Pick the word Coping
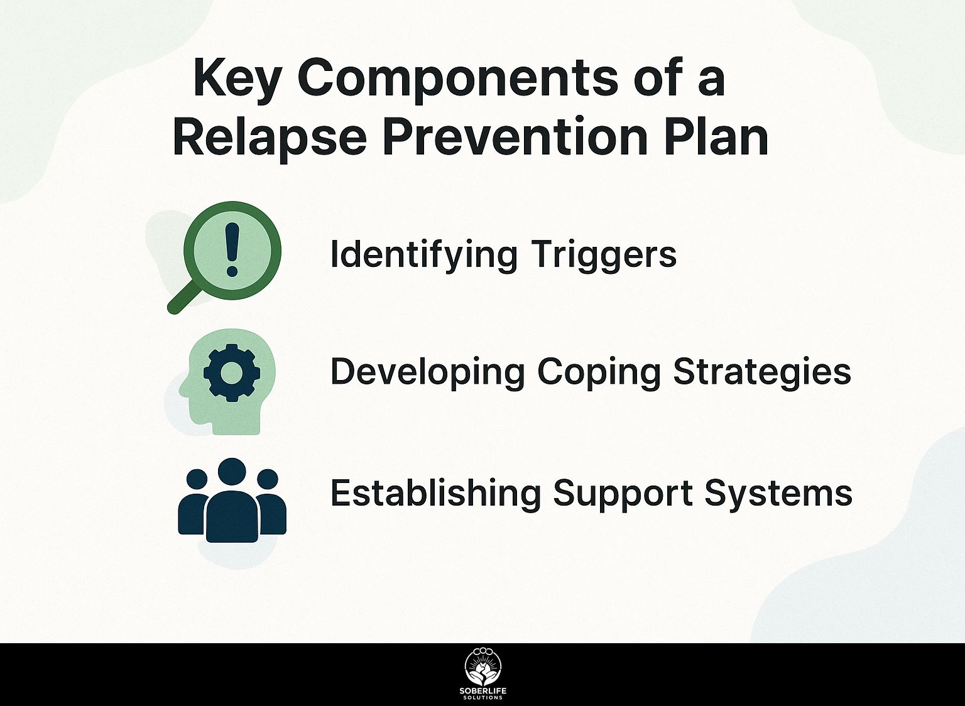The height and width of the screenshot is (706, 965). tap(599, 373)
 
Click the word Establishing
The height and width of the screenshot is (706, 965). tap(435, 494)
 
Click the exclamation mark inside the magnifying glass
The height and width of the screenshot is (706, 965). tap(232, 249)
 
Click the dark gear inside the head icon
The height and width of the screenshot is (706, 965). tap(232, 373)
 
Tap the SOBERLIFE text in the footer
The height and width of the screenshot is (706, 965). tap(483, 691)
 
